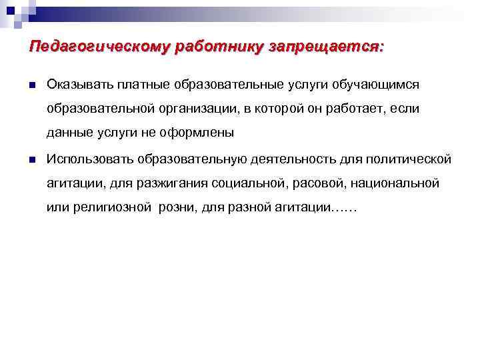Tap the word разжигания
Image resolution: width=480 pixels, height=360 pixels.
tap(174, 183)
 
